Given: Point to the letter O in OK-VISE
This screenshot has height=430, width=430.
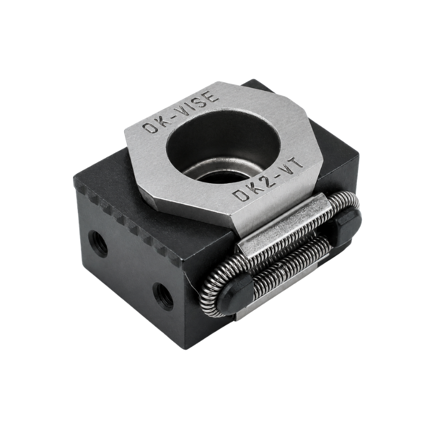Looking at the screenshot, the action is pyautogui.click(x=150, y=127).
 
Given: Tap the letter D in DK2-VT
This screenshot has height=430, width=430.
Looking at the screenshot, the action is pyautogui.click(x=240, y=195).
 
